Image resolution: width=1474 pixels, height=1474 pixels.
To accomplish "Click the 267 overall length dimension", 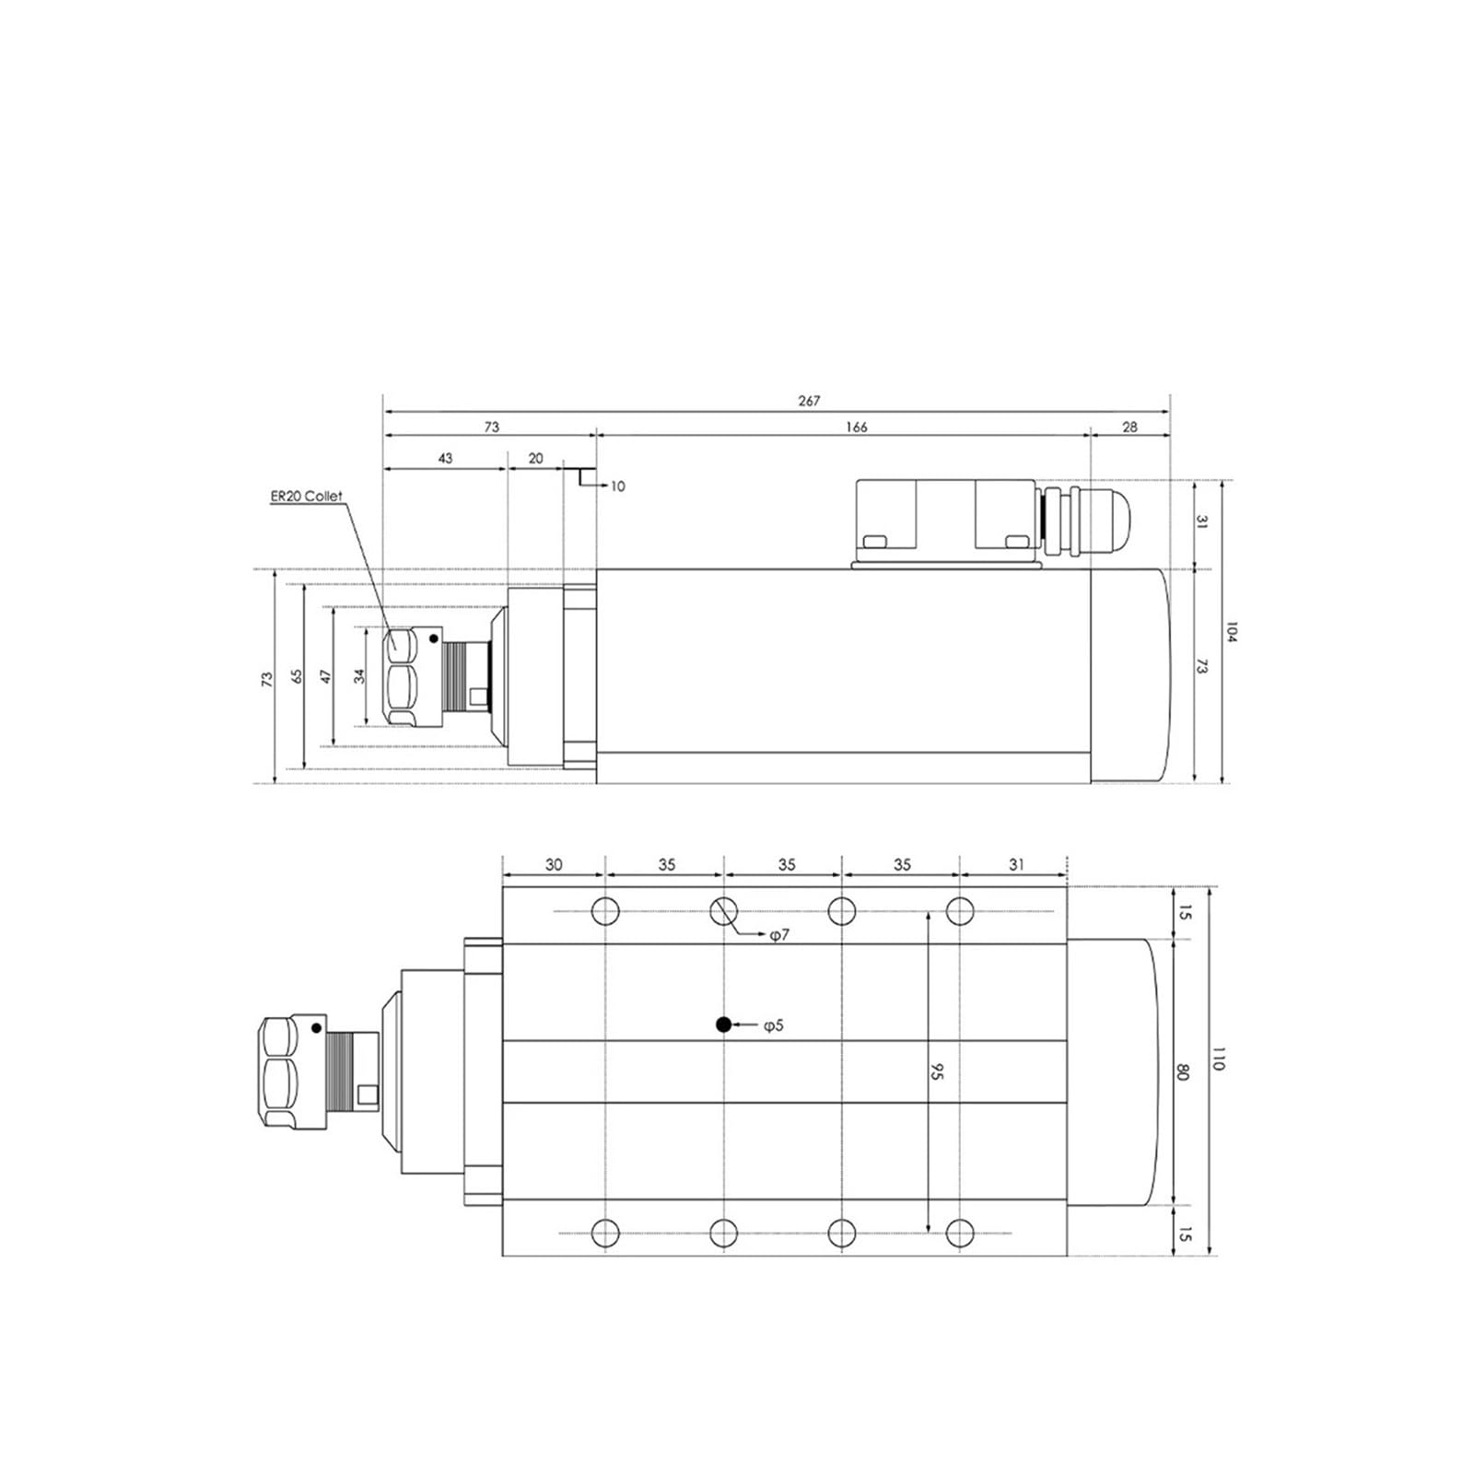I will [x=808, y=401].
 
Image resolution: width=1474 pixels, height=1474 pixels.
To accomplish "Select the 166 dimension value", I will [x=856, y=427].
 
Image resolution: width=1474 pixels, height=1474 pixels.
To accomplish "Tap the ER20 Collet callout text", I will [x=306, y=496].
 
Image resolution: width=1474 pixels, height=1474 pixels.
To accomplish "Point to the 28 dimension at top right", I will [x=1130, y=427].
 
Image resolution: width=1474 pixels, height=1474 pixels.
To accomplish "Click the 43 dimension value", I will [x=445, y=458].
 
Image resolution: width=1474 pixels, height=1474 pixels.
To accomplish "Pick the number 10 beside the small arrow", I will [x=617, y=485].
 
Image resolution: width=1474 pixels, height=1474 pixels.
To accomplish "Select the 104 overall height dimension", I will [x=1231, y=632].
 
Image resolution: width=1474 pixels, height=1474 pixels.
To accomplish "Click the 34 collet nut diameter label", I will [x=360, y=675].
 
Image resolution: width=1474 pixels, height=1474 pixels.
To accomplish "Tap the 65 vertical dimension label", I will [x=297, y=675].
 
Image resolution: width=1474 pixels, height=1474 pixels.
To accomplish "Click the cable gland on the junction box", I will [x=1087, y=522].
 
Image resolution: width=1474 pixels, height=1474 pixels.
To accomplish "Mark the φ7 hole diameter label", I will [x=779, y=935].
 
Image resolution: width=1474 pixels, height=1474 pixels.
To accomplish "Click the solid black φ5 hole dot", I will [x=724, y=1024].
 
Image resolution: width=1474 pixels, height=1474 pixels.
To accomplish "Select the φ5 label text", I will [x=773, y=1024].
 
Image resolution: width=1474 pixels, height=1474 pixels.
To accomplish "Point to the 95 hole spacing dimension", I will [x=938, y=1071].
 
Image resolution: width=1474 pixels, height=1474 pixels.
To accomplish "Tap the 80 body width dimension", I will [x=1184, y=1072].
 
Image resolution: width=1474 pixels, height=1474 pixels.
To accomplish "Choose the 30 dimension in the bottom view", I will [x=554, y=864].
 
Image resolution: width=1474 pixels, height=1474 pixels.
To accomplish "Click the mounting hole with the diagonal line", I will [x=724, y=911].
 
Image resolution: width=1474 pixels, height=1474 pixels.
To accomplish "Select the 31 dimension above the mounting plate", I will [x=1015, y=864].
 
